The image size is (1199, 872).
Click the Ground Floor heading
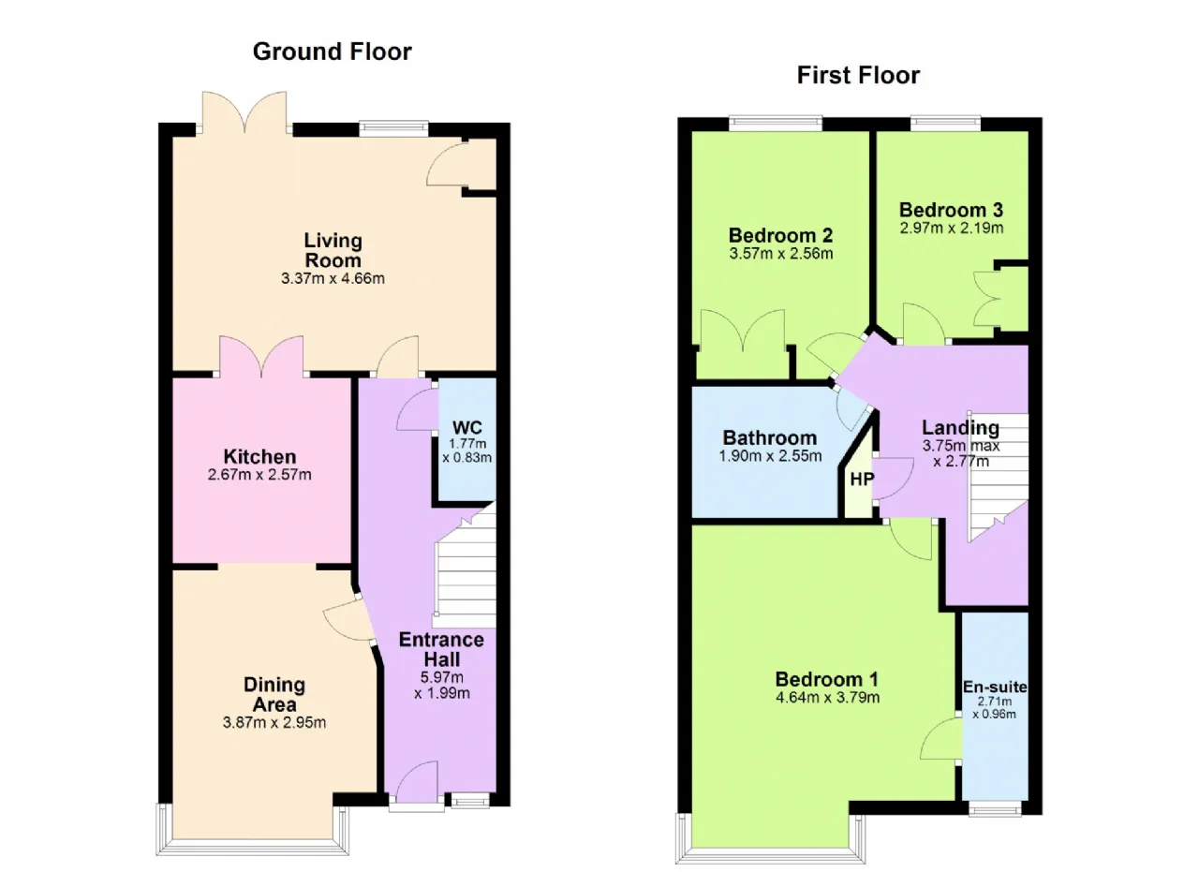click(x=333, y=52)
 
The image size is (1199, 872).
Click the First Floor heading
click(x=858, y=76)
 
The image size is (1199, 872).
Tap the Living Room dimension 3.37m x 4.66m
click(x=333, y=278)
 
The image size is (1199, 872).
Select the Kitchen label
click(x=259, y=457)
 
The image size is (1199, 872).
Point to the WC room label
click(x=466, y=428)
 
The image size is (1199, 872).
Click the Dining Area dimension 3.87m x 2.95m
click(x=274, y=723)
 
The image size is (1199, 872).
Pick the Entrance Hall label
click(x=441, y=649)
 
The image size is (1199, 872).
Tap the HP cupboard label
click(x=862, y=480)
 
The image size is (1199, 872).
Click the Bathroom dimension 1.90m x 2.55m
click(x=770, y=456)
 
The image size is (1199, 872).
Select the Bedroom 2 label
click(x=781, y=235)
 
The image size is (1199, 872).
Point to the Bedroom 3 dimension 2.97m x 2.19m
click(x=952, y=228)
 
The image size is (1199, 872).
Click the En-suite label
click(x=995, y=687)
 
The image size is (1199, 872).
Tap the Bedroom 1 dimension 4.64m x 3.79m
click(x=827, y=698)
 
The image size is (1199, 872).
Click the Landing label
click(x=960, y=428)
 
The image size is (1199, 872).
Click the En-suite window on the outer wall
click(x=995, y=808)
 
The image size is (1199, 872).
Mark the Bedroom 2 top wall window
click(x=776, y=124)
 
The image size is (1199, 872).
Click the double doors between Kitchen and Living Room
click(x=261, y=357)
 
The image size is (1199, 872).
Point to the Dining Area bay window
click(x=252, y=829)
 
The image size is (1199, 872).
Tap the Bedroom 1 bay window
click(x=770, y=839)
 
